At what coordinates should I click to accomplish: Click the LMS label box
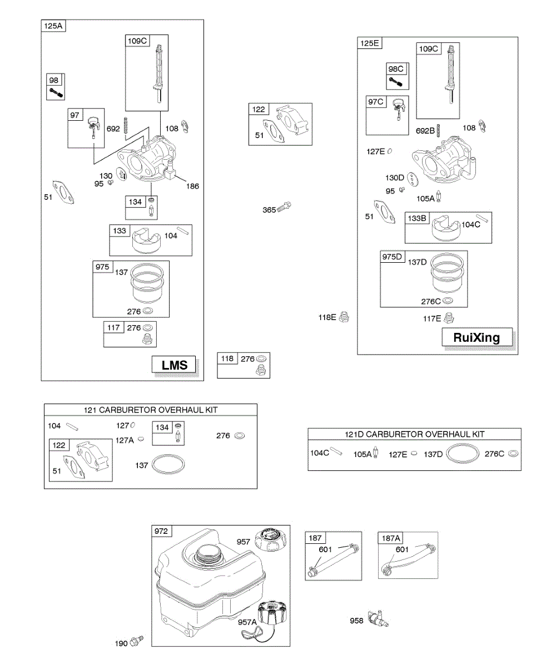point(175,365)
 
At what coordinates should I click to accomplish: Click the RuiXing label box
point(476,337)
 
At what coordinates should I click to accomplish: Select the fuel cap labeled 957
point(270,539)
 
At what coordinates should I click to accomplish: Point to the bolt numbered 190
point(137,642)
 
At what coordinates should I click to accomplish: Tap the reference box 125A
point(53,26)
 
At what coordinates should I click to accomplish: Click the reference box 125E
point(369,43)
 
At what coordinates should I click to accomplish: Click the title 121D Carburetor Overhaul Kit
point(414,434)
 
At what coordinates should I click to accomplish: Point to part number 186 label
point(193,186)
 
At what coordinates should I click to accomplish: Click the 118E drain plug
point(344,317)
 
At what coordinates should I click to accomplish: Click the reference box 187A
point(390,538)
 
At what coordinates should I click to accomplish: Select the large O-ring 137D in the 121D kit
point(463,453)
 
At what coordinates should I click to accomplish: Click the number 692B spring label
point(425,131)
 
